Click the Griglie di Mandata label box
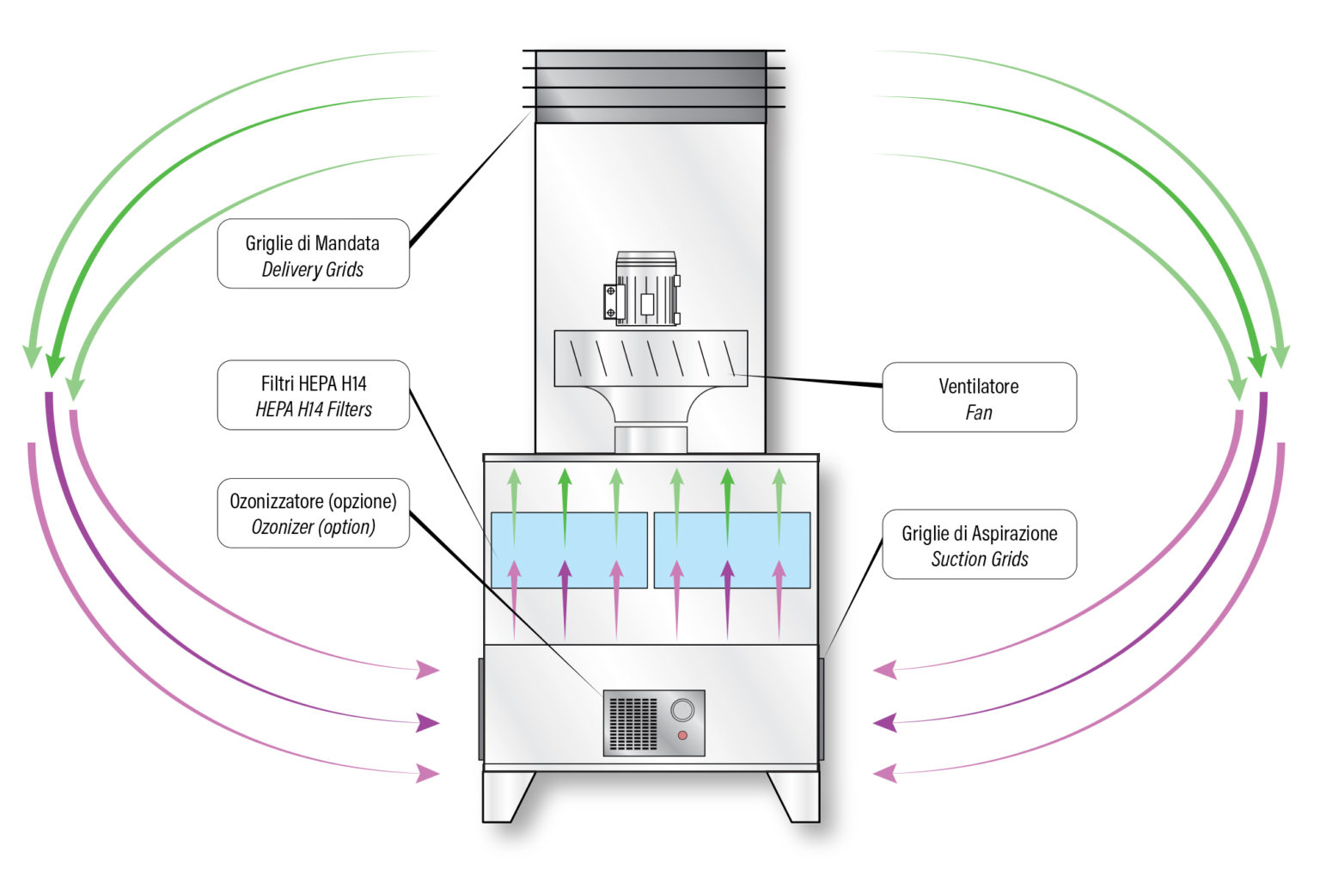point(313,254)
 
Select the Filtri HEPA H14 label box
point(313,395)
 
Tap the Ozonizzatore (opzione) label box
point(313,512)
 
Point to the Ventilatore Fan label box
point(979,397)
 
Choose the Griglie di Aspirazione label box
point(979,544)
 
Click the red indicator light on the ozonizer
point(682,735)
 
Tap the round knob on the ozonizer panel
point(682,710)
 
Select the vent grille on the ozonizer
point(632,723)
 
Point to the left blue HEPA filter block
point(569,550)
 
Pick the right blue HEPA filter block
point(732,550)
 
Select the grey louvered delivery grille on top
point(651,86)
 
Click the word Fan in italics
point(979,413)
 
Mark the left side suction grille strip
point(481,709)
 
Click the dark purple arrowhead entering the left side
point(427,723)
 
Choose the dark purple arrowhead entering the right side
point(885,722)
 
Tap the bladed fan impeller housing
point(651,358)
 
